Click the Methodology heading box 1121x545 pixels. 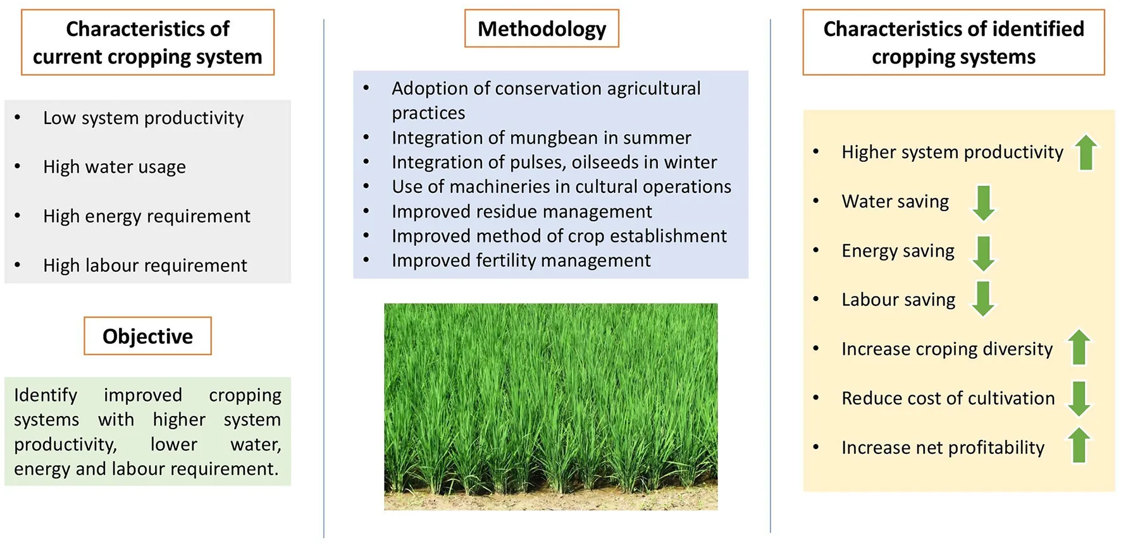542,28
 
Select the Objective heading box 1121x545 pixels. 147,336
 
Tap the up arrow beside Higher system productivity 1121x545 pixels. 1086,152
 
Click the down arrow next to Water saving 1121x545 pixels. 983,202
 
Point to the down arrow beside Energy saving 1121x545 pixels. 983,253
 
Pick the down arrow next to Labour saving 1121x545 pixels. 983,298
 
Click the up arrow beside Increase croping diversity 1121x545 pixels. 1079,347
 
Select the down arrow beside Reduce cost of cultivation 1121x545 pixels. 1079,398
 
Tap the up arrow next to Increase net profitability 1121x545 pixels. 1079,445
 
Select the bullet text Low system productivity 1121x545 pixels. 143,118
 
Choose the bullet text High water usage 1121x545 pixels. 115,168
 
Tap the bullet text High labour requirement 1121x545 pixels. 145,266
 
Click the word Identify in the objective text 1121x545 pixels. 46,396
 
